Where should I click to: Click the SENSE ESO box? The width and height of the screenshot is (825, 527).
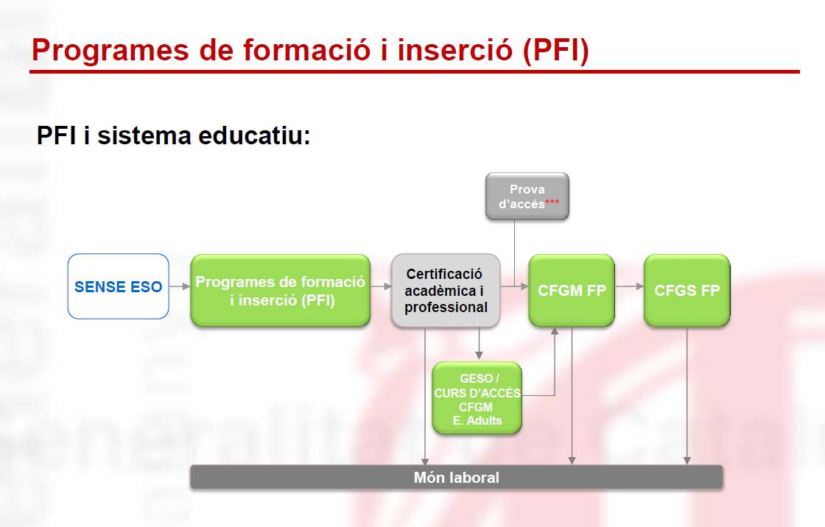coord(119,286)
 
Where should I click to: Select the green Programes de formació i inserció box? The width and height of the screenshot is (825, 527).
coord(281,290)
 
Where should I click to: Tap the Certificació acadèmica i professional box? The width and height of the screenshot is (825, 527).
coord(446,290)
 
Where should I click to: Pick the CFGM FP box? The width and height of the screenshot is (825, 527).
coord(572,290)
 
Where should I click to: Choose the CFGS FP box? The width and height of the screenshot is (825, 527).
coord(687,290)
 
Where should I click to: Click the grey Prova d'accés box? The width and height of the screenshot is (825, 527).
coord(527,197)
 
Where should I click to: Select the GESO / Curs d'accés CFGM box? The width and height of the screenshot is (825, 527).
coord(477,398)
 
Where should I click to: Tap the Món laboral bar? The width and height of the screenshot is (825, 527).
coord(456,477)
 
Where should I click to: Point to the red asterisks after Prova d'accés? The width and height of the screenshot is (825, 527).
coord(552,202)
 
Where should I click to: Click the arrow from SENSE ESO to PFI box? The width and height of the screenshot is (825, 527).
coord(180,286)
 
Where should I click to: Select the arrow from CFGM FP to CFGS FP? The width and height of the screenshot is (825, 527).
coord(629,286)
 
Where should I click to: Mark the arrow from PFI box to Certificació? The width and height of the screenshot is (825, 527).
coord(381,286)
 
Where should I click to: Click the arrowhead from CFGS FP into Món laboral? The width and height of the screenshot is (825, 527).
coord(687,461)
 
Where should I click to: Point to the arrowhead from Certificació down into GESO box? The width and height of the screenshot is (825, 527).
coord(479,356)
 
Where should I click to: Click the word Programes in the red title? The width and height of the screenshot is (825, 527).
coord(110,51)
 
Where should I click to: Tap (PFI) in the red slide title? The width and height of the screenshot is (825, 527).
coord(555,51)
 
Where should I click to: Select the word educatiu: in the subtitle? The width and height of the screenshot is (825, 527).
coord(254,135)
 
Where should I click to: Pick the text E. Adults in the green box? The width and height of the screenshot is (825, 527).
coord(477,420)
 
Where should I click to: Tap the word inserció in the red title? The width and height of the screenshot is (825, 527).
coord(455,51)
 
